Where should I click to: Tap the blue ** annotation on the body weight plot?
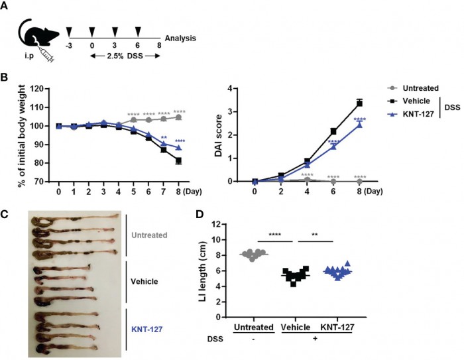[163, 137]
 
